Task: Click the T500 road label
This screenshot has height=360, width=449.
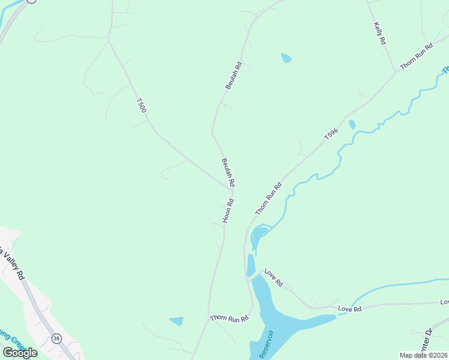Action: point(142,106)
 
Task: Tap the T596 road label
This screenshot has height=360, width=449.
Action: point(332,134)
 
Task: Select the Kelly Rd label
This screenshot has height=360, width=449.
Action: point(379,34)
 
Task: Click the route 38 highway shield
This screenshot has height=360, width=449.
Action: point(56,338)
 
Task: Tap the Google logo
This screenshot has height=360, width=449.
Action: point(20,353)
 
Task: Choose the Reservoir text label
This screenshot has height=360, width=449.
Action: point(267,344)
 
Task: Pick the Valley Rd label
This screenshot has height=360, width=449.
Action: point(13,264)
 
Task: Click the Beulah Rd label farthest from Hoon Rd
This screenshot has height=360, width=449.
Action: point(234,76)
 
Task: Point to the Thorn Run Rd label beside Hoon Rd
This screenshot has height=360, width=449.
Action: point(268,199)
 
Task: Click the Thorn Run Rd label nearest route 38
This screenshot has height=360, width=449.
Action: point(229,318)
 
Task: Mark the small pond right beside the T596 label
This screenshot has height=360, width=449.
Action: point(352,125)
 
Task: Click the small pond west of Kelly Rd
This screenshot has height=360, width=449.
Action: point(286,58)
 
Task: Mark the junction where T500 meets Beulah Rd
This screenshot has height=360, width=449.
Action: point(231,188)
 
